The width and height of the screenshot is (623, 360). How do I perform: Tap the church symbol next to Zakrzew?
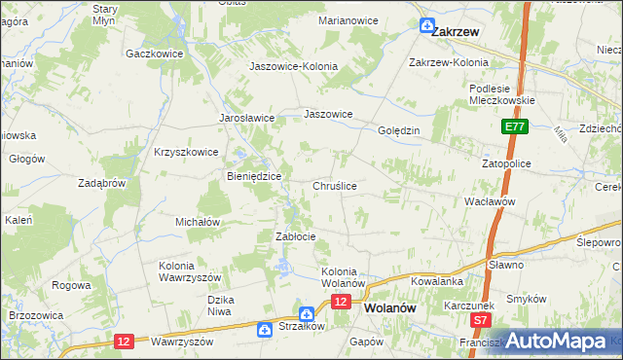point(426,26)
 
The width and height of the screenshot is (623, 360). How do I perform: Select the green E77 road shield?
point(516,127)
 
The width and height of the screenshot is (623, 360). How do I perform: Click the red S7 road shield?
point(479,319)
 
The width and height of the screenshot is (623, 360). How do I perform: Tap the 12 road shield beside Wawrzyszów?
point(124,341)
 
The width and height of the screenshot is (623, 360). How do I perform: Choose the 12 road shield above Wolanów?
point(340,303)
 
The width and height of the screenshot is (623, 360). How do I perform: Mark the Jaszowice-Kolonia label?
point(294,66)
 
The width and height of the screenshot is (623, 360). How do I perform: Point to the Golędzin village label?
point(398,129)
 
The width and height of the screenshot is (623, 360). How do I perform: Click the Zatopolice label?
point(506,163)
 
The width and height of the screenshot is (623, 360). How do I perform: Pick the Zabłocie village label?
point(296,236)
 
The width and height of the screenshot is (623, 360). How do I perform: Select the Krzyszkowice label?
point(185,152)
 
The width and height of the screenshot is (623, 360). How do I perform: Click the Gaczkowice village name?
point(155,54)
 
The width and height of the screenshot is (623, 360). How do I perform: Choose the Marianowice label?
point(348,19)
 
